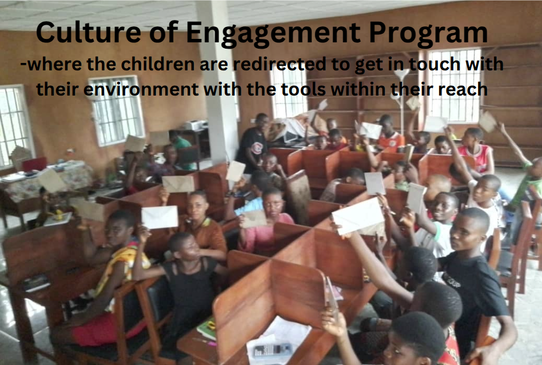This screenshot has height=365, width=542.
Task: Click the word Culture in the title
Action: tap(88, 32)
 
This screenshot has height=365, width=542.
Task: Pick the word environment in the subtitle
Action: tap(141, 89)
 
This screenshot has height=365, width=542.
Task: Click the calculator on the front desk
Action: tap(272, 351)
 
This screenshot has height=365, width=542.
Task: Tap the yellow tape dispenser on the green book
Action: tap(211, 325)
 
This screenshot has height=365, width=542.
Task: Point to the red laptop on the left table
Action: tap(34, 164)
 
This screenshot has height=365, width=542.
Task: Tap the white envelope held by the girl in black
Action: tap(160, 217)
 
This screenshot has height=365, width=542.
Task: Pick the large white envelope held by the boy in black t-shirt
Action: tap(358, 216)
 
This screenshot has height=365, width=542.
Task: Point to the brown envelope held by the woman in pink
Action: tap(254, 219)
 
